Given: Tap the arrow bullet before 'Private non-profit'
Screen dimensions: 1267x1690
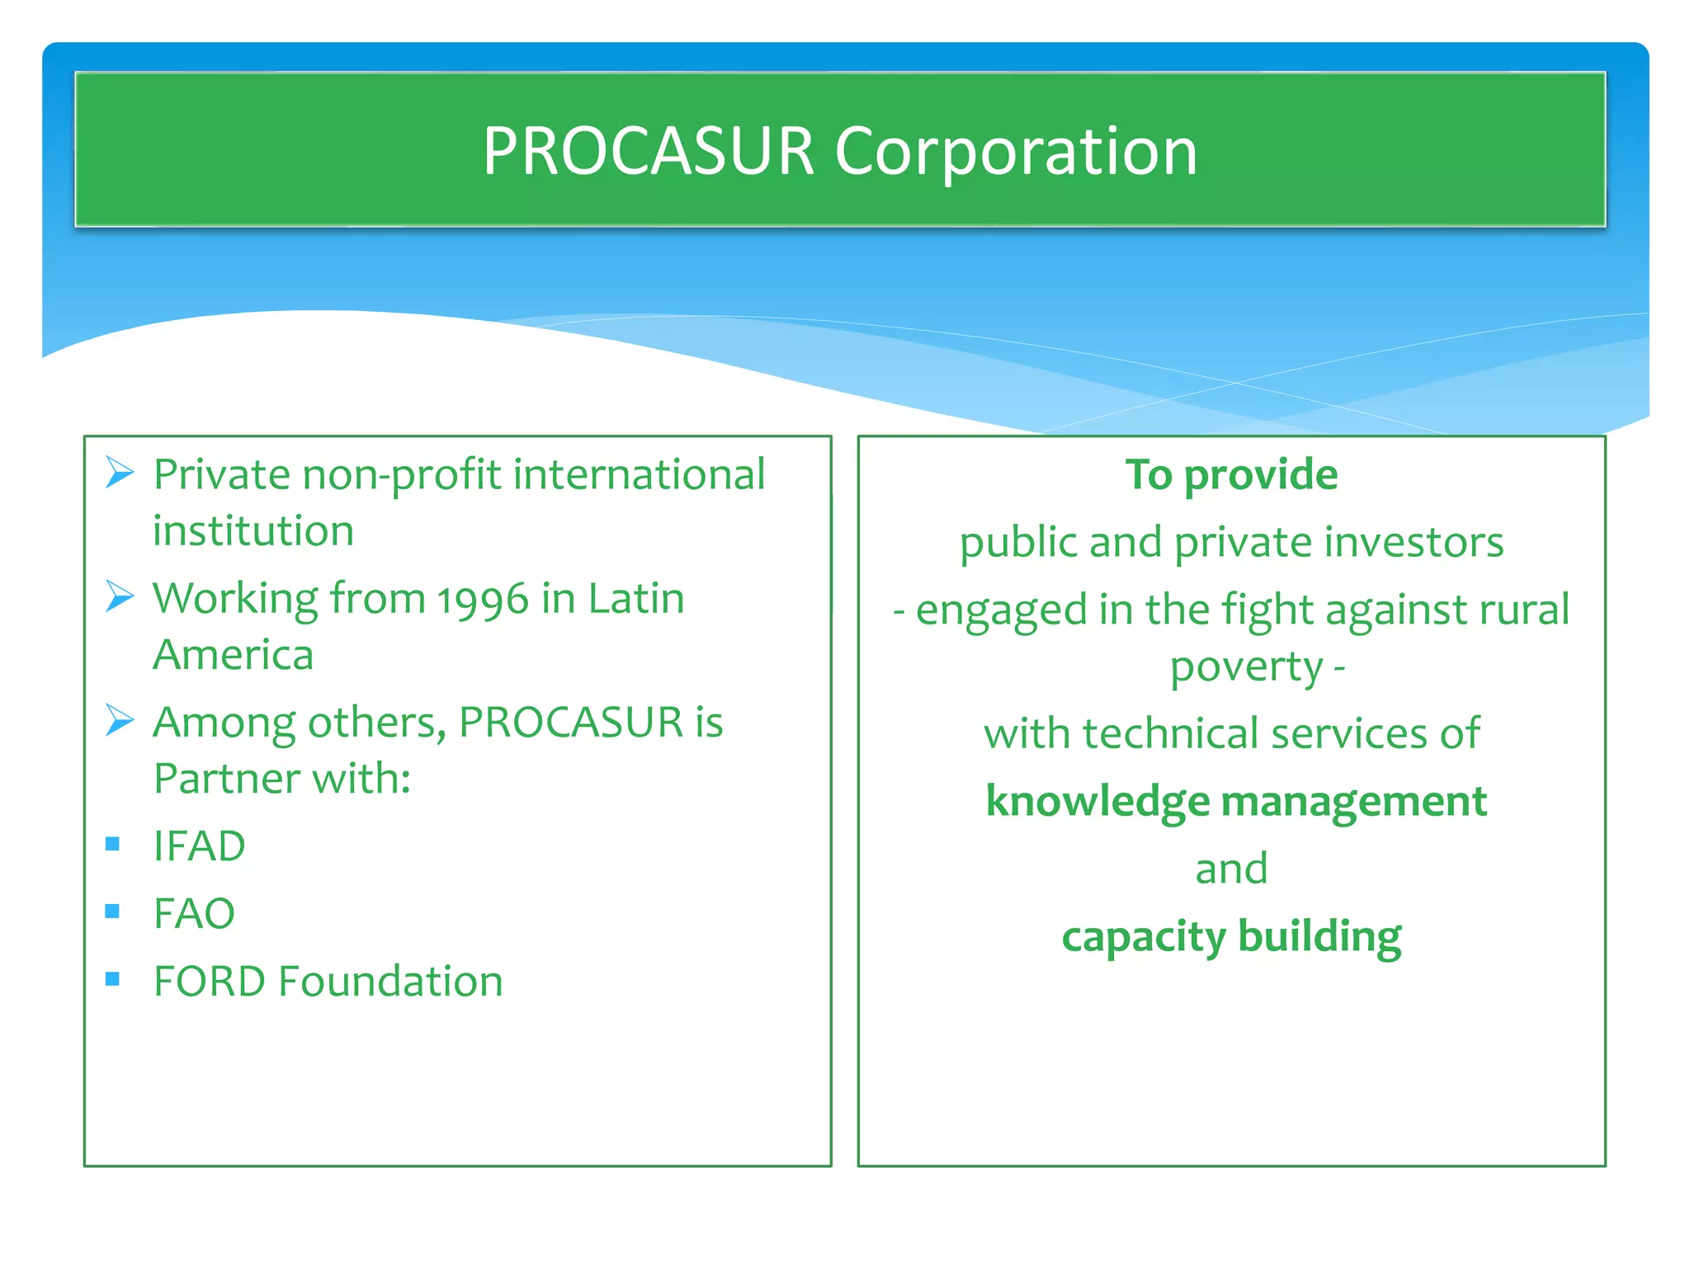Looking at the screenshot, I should pos(120,473).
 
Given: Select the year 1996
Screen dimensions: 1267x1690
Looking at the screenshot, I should pos(482,600).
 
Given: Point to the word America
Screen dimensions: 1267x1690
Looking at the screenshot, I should pos(234,655).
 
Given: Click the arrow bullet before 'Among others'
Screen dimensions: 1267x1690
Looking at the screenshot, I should pos(120,721).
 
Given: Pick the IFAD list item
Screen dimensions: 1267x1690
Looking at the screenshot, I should pos(200,845).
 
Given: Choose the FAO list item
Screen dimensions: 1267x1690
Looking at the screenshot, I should pos(195,913).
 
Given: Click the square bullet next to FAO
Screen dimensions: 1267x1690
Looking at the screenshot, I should pos(113,911).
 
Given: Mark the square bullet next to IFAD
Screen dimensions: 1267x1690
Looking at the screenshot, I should pos(113,843).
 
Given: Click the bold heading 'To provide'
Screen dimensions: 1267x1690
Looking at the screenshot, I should pos(1231,474).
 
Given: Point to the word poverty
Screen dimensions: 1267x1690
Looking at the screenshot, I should pos(1246,666).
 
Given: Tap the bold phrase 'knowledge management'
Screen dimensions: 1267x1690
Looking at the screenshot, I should pos(1236,801).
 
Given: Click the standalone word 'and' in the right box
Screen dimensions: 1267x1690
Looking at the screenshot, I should pos(1231,869).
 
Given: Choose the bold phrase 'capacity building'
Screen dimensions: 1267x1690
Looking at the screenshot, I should pos(1231,937).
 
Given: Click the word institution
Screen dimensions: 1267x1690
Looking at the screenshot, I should pos(253,530).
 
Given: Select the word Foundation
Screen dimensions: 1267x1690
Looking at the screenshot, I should pos(390,981).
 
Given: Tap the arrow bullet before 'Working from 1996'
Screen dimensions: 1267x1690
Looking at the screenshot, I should pos(120,596).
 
